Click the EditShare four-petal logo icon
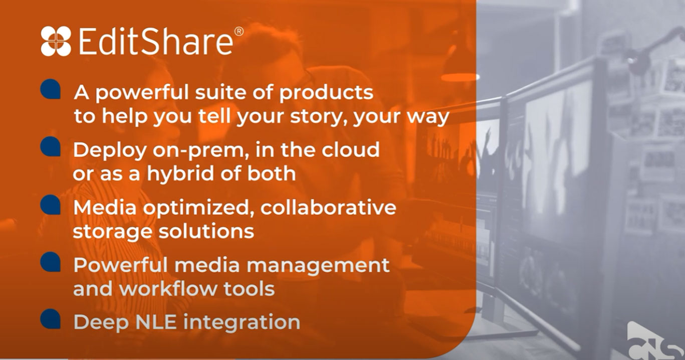click(56, 41)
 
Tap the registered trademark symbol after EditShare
click(239, 32)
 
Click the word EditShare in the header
click(156, 41)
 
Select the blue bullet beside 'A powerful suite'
click(51, 89)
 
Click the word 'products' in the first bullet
click(326, 93)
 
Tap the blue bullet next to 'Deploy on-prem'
click(51, 146)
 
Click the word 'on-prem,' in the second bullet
click(201, 150)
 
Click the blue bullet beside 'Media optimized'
click(51, 205)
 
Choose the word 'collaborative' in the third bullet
click(328, 207)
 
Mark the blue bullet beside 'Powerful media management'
click(51, 262)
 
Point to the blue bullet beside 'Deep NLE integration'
click(51, 319)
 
